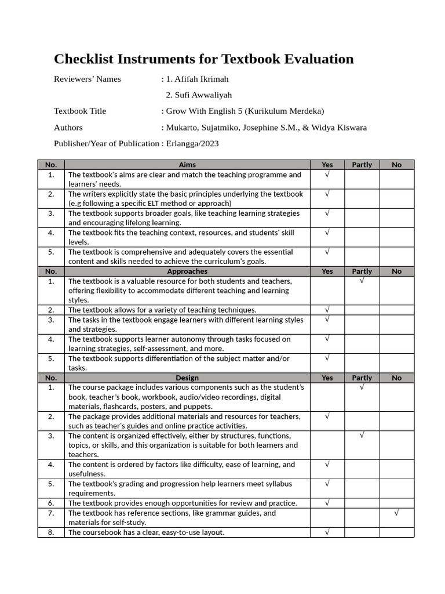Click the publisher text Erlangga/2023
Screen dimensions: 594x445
tap(192, 143)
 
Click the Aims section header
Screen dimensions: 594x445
tap(187, 165)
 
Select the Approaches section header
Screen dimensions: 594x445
tap(187, 271)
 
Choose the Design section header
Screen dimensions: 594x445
tap(187, 378)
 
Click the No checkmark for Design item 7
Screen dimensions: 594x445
tap(396, 513)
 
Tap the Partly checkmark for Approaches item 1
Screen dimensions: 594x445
tap(362, 281)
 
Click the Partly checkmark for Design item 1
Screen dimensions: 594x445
tap(362, 387)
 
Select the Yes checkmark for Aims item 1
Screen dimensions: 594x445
tap(327, 174)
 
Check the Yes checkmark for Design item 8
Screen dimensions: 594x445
tap(327, 532)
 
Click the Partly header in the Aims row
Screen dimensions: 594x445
tap(362, 165)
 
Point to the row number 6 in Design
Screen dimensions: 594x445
tap(51, 503)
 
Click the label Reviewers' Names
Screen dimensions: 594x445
tap(87, 79)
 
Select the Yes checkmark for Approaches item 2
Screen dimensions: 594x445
tap(327, 310)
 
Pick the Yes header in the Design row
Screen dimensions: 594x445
tap(327, 378)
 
